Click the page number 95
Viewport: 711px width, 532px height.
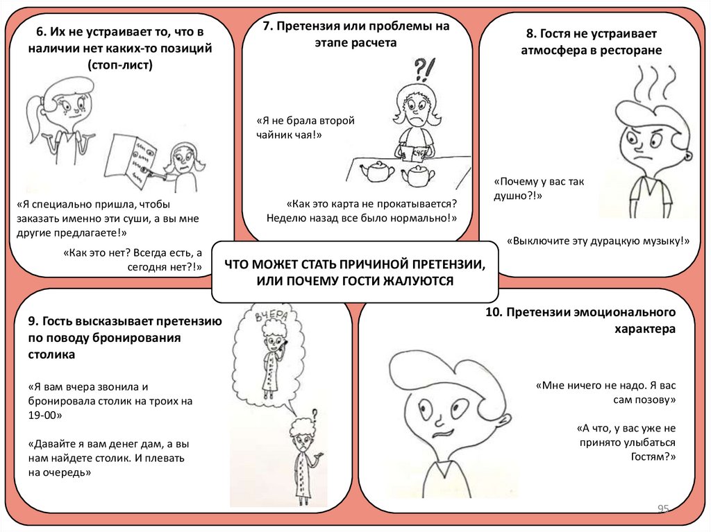[663, 510]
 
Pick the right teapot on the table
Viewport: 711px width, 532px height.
[418, 174]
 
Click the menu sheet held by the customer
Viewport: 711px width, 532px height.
[135, 160]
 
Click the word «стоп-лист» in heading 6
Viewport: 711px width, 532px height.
[120, 65]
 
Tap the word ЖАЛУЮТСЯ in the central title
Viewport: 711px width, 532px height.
[421, 281]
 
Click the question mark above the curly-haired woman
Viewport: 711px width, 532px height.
[315, 414]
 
